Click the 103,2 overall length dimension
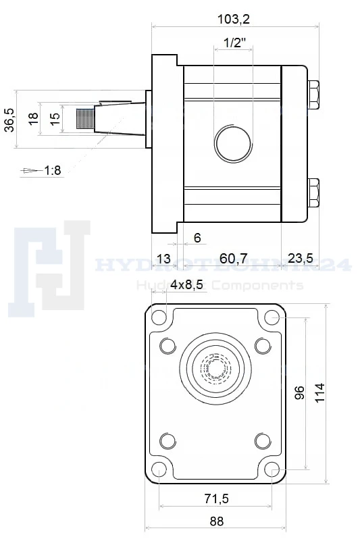(234, 19)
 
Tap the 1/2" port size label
(235, 43)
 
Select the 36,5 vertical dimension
(9, 120)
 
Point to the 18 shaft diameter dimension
(33, 119)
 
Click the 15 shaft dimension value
(55, 119)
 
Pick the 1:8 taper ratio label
(53, 170)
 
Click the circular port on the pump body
(234, 143)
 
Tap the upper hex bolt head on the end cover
(314, 95)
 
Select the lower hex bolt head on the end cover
(314, 193)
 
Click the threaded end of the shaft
(85, 119)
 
